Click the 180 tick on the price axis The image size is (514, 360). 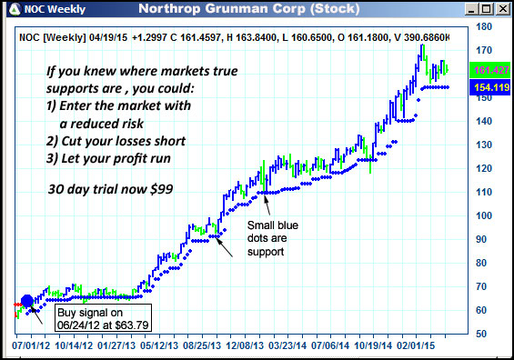click(487, 27)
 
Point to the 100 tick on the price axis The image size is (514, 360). click(487, 215)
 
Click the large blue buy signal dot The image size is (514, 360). click(27, 302)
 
